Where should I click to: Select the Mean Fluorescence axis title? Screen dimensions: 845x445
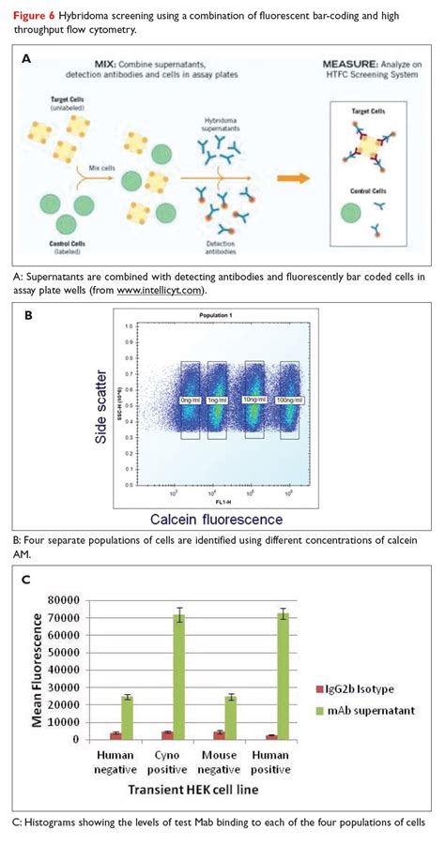coord(38,669)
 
